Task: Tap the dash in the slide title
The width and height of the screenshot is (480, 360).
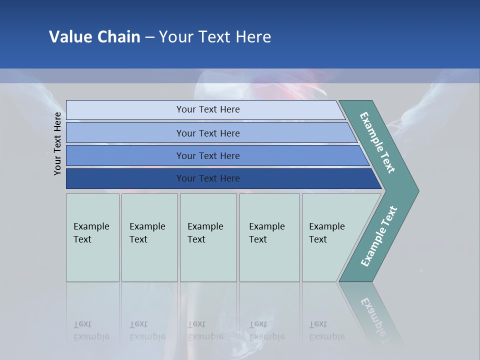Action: [x=149, y=37]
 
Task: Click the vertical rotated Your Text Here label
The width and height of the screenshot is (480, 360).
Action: [x=57, y=143]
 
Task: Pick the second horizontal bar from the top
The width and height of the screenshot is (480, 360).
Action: [x=208, y=133]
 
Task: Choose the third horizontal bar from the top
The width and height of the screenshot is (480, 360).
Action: [x=208, y=155]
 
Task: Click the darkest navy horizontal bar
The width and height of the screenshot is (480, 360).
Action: [x=208, y=178]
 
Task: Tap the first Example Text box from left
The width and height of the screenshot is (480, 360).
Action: [x=92, y=237]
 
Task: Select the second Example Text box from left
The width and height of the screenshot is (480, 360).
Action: [x=149, y=237]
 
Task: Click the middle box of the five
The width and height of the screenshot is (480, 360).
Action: [x=208, y=237]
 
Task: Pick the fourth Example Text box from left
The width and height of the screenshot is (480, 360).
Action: [x=269, y=237]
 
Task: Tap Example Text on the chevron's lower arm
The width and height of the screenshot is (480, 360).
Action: [x=379, y=236]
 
